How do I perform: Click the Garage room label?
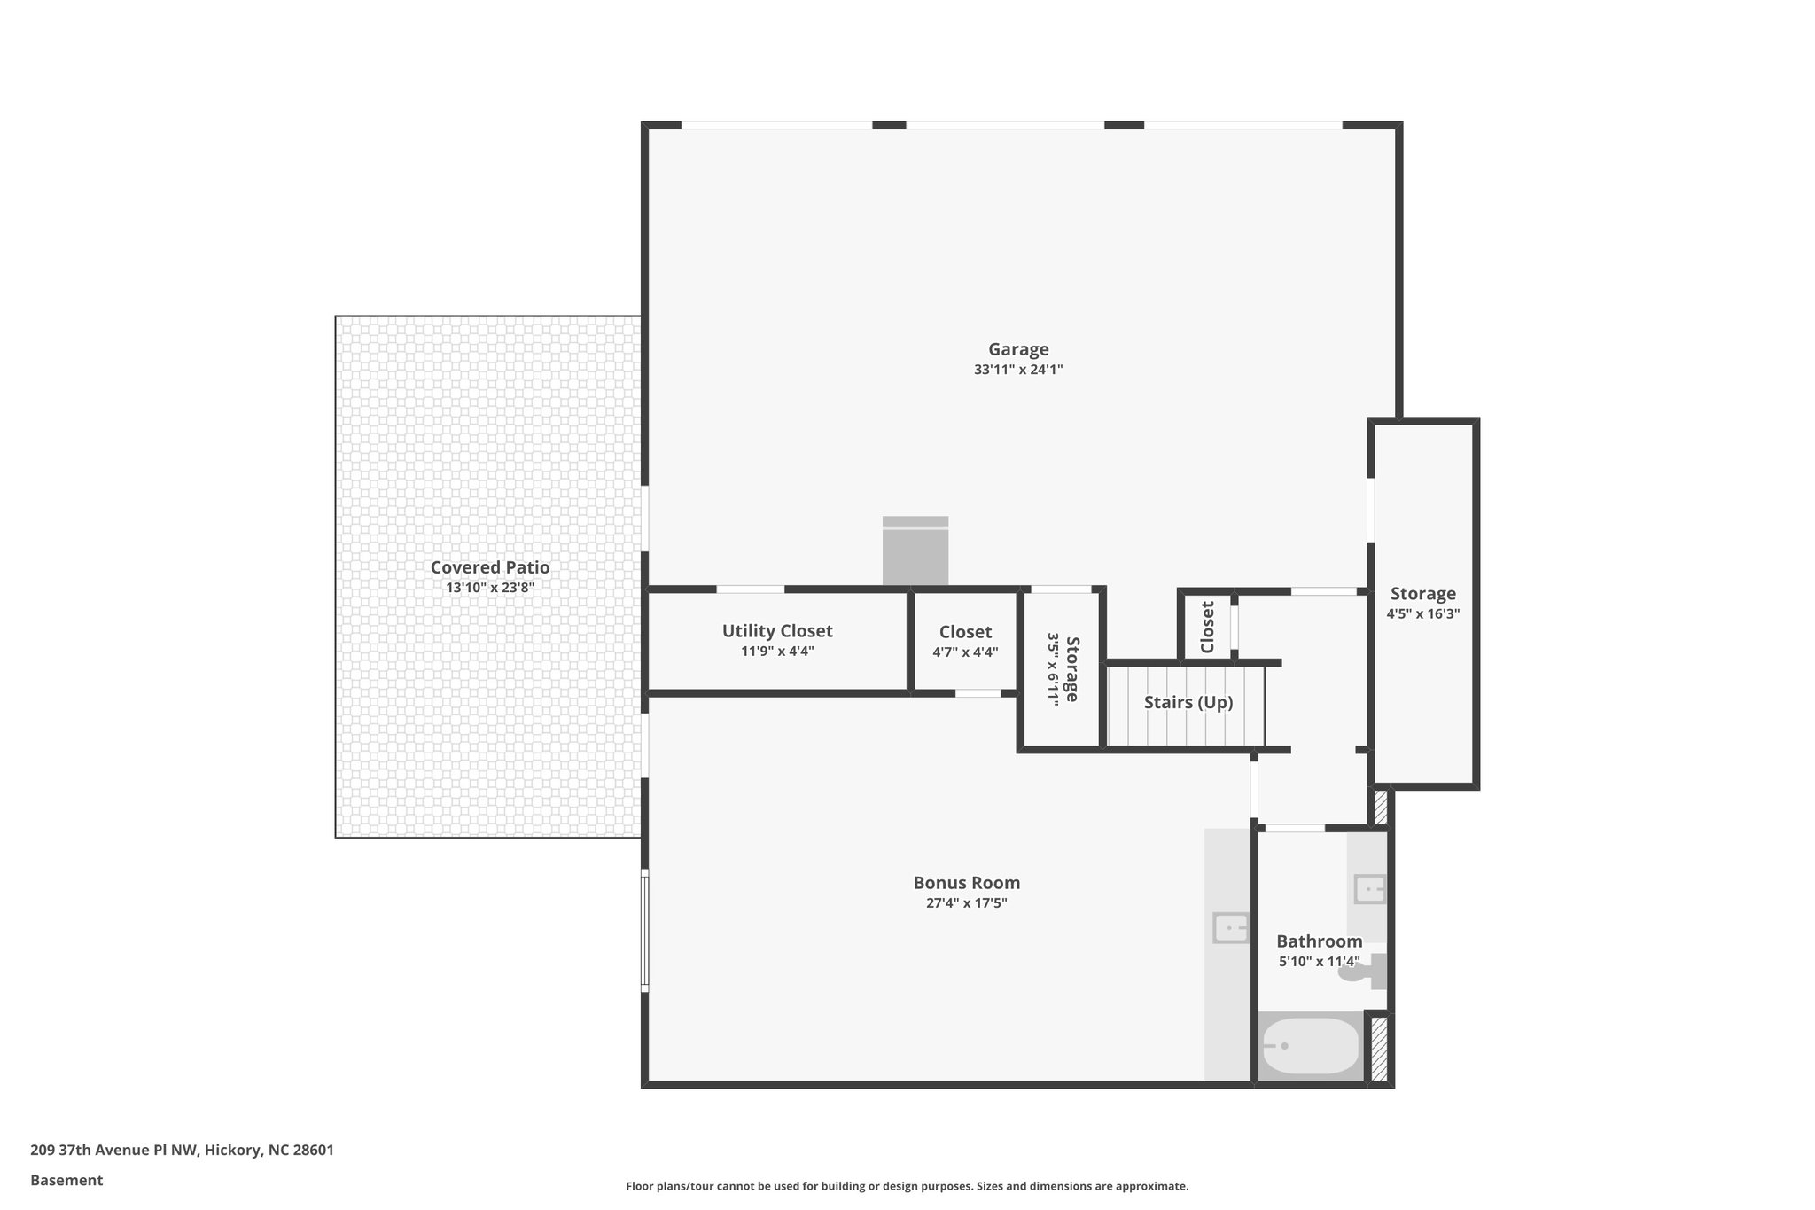pos(1018,349)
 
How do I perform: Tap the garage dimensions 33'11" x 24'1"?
pos(1018,370)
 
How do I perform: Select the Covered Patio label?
pos(490,567)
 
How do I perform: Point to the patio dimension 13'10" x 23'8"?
pos(490,588)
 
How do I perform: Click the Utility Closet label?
pos(777,630)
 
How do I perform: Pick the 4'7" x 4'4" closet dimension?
pos(965,652)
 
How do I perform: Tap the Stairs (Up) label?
pos(1188,702)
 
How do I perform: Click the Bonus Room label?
pos(966,883)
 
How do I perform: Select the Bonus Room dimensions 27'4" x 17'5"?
pos(966,903)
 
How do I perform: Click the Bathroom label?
pos(1319,941)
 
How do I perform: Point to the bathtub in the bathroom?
pos(1310,1047)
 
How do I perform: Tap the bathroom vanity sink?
pos(1369,888)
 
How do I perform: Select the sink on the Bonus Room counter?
pos(1230,928)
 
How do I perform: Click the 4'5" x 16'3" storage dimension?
pos(1422,613)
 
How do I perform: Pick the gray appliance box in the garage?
pos(915,551)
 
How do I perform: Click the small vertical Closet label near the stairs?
pos(1207,627)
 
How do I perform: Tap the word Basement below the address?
pos(66,1180)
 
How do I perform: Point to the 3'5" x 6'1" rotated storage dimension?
pos(1053,668)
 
